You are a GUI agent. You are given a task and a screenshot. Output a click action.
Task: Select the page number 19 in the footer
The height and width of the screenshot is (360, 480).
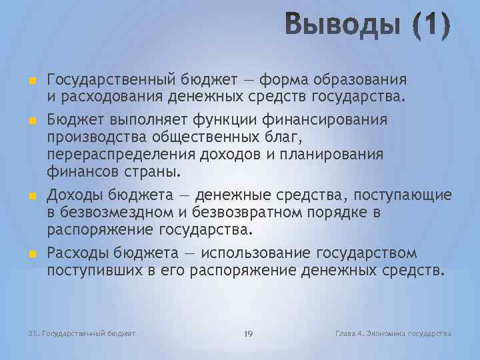click(x=249, y=333)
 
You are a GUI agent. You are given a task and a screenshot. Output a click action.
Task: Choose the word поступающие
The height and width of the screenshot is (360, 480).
click(x=403, y=195)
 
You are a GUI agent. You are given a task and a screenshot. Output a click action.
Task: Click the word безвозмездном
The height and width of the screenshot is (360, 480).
click(x=113, y=213)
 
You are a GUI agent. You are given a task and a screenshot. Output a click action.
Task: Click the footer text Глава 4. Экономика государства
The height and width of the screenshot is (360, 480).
click(x=394, y=333)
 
